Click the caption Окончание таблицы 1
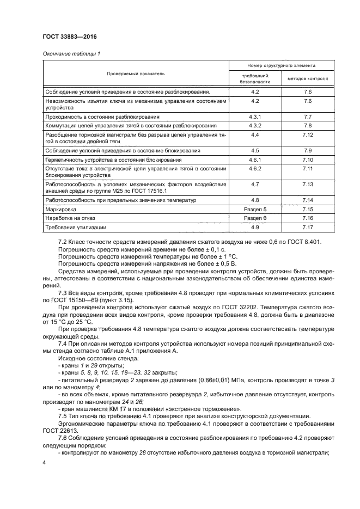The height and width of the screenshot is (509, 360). pyautogui.click(x=71, y=53)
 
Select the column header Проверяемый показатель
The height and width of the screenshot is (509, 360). pyautogui.click(x=135, y=73)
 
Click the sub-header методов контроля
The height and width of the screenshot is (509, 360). pyautogui.click(x=307, y=78)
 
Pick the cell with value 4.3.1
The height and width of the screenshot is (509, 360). pyautogui.click(x=255, y=116)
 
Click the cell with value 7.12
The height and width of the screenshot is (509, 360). pyautogui.click(x=307, y=135)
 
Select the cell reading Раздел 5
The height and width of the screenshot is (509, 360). pyautogui.click(x=255, y=208)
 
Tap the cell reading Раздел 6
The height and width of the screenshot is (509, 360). pyautogui.click(x=255, y=218)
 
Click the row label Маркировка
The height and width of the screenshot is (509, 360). pyautogui.click(x=60, y=208)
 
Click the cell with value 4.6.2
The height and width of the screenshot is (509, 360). pyautogui.click(x=255, y=169)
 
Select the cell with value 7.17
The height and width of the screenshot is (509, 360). pyautogui.click(x=307, y=227)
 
